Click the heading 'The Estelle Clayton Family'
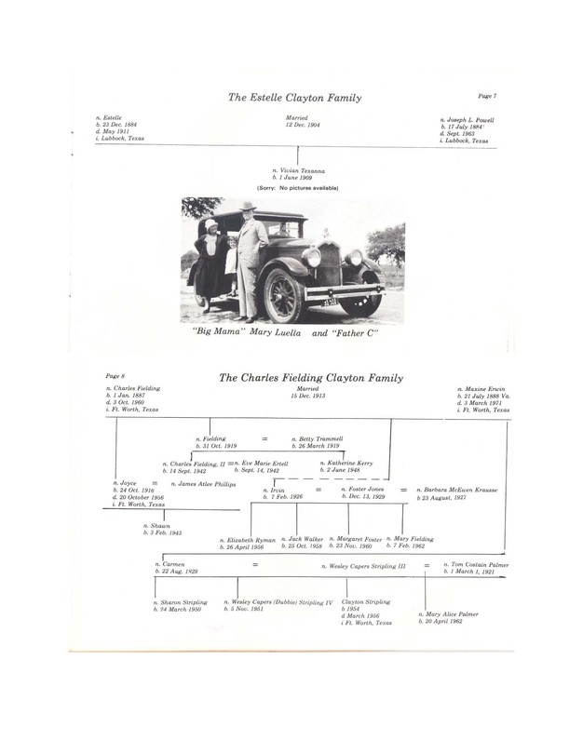(x=294, y=98)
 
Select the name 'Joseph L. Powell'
(x=470, y=120)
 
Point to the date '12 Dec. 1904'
(x=297, y=126)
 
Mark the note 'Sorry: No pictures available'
(x=297, y=188)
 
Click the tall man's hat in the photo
(x=247, y=207)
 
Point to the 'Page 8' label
(x=117, y=376)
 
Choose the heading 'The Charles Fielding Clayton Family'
(x=310, y=379)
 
